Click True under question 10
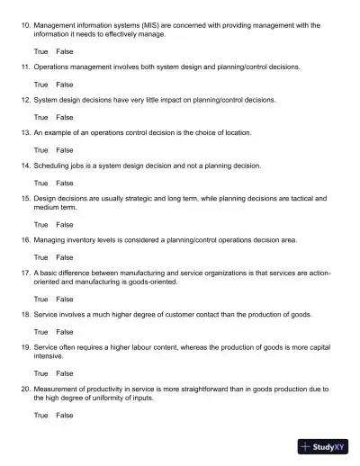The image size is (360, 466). (40, 51)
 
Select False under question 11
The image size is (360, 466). (65, 84)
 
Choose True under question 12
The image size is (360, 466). (40, 117)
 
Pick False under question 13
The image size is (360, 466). (65, 150)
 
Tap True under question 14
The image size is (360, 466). (40, 183)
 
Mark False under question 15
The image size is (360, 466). (65, 224)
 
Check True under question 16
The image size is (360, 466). (40, 257)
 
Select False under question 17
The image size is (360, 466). (65, 299)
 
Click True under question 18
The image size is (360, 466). (40, 331)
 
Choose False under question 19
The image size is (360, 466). (65, 372)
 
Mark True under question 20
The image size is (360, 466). (40, 415)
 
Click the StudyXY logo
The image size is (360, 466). (325, 446)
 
